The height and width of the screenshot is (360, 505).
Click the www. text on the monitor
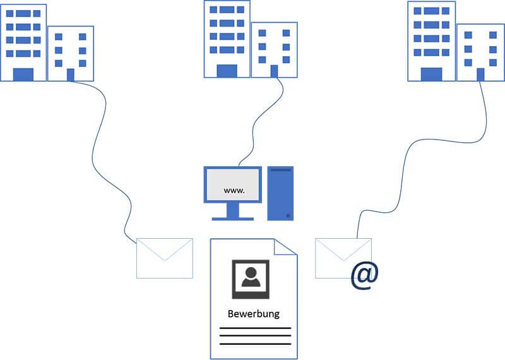(234, 189)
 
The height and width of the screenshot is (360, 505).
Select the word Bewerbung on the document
(253, 313)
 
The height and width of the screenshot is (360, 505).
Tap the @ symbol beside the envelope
(365, 275)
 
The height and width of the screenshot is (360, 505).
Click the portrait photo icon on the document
(251, 279)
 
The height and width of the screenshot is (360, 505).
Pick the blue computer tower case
(280, 193)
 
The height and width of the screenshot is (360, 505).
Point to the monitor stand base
(232, 218)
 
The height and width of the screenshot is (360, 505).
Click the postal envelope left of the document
(165, 258)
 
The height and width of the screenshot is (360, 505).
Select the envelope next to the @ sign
(343, 258)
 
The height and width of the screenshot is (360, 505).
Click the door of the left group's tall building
(23, 75)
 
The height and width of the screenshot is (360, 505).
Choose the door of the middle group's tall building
(227, 71)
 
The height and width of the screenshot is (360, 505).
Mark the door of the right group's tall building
(431, 74)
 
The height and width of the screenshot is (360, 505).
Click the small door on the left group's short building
(71, 75)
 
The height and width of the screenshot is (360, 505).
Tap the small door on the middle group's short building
(274, 71)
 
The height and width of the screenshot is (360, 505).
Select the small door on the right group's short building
(480, 74)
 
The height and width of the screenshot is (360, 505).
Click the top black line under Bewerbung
(255, 328)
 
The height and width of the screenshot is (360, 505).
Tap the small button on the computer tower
(288, 215)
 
